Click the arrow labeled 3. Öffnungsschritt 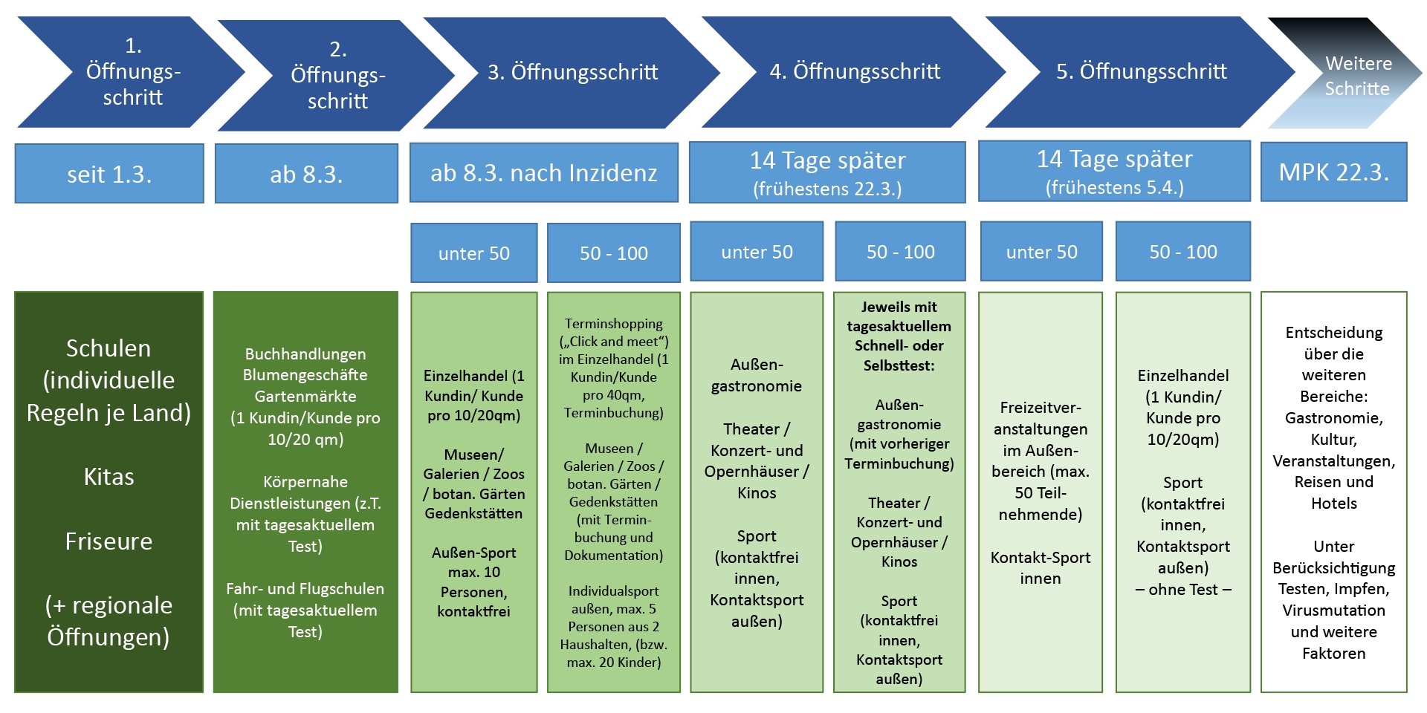point(572,72)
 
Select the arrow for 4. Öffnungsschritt point(855,72)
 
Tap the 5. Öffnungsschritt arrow point(1142,72)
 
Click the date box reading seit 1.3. point(109,173)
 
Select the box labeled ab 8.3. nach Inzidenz point(544,172)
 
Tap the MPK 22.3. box point(1334,172)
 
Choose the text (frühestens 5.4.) point(1115,187)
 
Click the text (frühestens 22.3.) point(827,189)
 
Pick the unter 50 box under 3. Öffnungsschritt point(474,253)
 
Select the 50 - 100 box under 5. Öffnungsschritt point(1183,252)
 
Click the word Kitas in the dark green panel point(109,477)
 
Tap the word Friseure point(109,541)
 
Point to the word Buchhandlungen point(305,354)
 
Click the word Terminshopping point(614,324)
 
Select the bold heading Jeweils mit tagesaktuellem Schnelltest point(899,336)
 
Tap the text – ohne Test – point(1183,590)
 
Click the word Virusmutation point(1334,611)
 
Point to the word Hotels point(1334,504)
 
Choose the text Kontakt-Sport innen point(1041,568)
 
